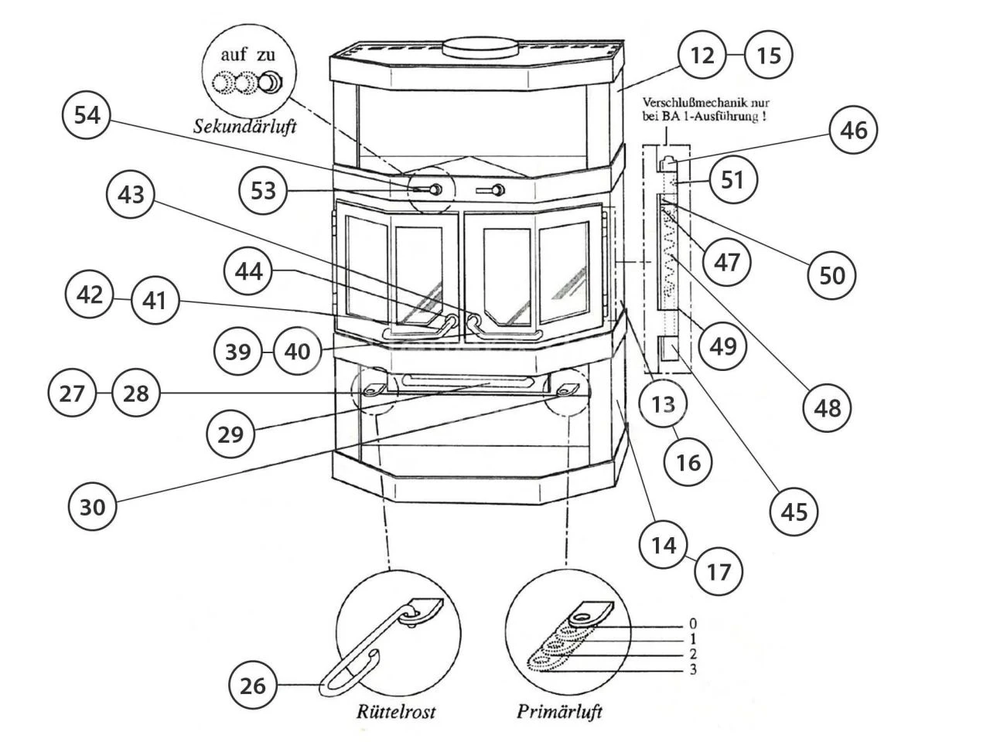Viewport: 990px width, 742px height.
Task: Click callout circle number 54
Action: (87, 115)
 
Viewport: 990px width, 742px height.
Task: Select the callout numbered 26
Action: (253, 686)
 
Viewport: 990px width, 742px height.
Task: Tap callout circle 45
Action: (794, 512)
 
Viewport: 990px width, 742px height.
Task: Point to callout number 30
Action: (93, 507)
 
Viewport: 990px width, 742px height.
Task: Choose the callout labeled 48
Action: (827, 408)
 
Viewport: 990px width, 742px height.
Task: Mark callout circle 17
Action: (719, 572)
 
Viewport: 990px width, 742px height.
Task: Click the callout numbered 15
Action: (769, 55)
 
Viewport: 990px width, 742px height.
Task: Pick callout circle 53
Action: (263, 191)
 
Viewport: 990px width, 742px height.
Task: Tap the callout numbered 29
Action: (230, 434)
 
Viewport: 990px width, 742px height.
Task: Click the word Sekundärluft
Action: (245, 127)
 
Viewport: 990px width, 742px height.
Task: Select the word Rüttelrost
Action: (396, 711)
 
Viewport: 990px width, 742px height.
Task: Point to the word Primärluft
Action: (559, 711)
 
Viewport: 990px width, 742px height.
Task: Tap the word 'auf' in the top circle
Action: (234, 55)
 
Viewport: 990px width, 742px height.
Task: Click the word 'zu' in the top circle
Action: (265, 56)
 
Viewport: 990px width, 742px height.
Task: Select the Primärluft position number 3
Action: (693, 669)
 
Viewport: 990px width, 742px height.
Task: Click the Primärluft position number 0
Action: (693, 624)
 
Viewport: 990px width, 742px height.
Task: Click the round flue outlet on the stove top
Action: (480, 48)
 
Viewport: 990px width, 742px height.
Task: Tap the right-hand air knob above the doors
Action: (498, 190)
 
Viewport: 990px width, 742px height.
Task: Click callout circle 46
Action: (853, 130)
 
